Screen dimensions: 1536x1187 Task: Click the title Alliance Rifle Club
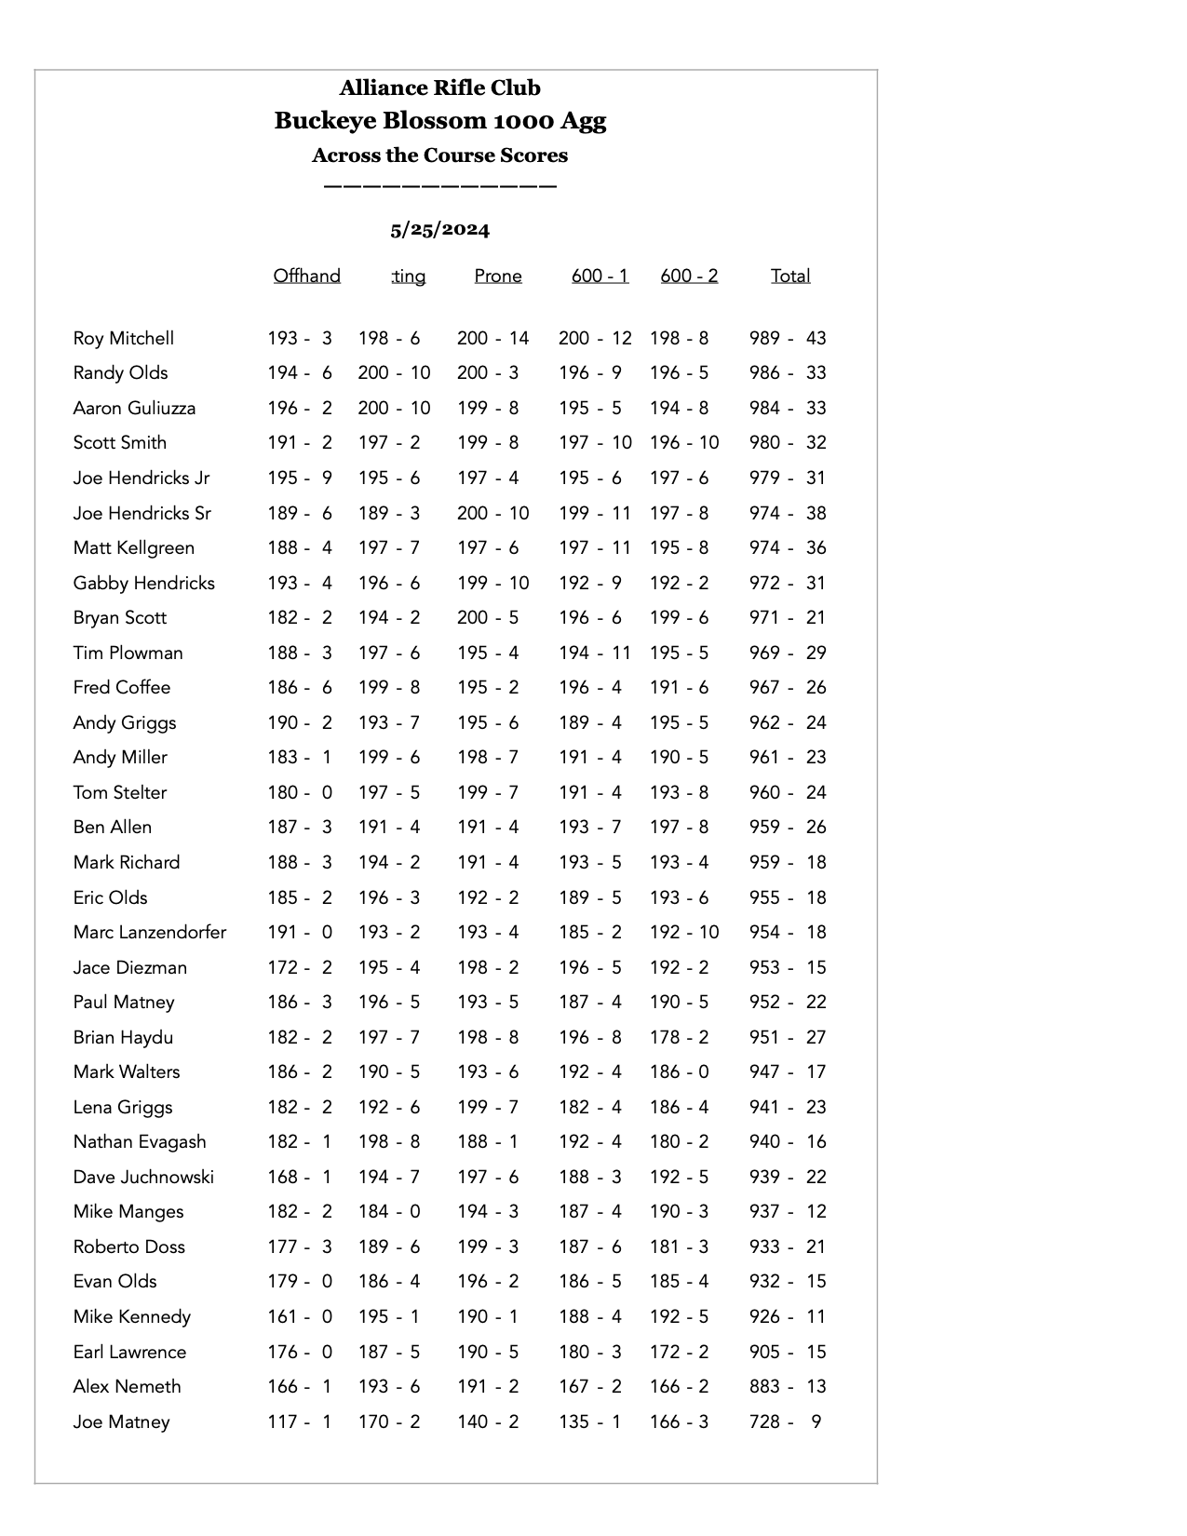pos(439,88)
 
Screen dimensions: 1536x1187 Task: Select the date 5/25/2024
pos(439,230)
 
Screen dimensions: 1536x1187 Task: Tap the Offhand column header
pos(306,276)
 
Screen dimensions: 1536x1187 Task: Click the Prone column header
pos(498,276)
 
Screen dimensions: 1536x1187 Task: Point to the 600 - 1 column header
pos(600,276)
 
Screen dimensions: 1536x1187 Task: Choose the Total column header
pos(790,276)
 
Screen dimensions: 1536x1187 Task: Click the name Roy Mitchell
pos(124,339)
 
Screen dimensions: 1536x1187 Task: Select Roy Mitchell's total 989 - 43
pos(788,339)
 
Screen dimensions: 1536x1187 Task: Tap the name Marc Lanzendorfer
pos(150,933)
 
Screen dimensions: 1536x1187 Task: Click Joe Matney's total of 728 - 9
pos(786,1422)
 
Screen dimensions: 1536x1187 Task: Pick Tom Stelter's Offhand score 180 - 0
pos(300,793)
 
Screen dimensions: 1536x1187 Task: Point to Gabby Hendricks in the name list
pos(144,584)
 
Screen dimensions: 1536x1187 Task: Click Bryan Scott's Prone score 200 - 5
pos(488,618)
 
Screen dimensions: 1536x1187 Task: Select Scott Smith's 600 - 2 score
pos(684,443)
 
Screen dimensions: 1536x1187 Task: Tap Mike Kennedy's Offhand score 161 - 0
pos(300,1317)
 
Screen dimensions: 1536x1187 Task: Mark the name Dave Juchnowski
pos(143,1178)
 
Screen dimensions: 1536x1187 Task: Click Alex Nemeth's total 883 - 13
pos(788,1387)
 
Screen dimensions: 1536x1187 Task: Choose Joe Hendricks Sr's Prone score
pos(492,514)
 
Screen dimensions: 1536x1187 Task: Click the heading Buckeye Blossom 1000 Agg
pos(439,121)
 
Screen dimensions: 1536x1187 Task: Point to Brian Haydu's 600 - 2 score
pos(679,1038)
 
